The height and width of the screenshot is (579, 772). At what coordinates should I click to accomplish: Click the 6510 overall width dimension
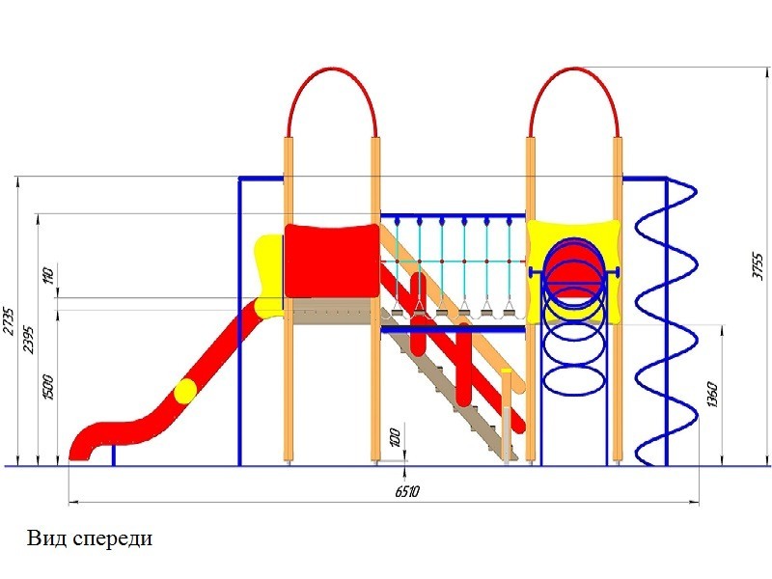406,491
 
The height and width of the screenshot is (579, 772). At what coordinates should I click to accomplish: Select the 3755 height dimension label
758,266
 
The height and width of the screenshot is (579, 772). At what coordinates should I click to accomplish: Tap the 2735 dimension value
9,321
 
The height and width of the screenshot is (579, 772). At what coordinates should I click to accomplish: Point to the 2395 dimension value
29,340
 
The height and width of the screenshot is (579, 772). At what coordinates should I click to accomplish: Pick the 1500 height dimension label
49,387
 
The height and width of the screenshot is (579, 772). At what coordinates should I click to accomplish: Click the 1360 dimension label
713,395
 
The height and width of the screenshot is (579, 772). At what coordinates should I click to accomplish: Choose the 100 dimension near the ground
395,438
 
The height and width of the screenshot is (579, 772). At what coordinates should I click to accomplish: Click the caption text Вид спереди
90,538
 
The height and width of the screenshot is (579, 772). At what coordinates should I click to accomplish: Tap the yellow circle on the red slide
185,391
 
